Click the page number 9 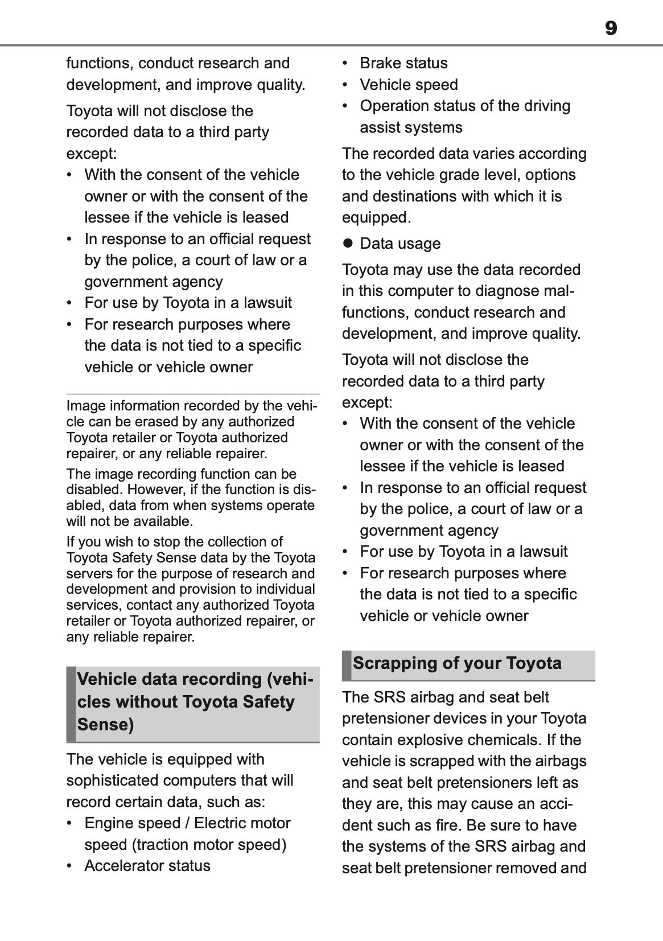coord(610,28)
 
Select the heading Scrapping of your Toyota coord(456,663)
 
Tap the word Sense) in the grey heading coord(105,725)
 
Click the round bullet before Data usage coord(348,244)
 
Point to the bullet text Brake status coord(403,63)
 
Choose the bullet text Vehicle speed coord(408,85)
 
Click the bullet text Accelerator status coord(147,866)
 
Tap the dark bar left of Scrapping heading coord(346,665)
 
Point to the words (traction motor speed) coord(208,845)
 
